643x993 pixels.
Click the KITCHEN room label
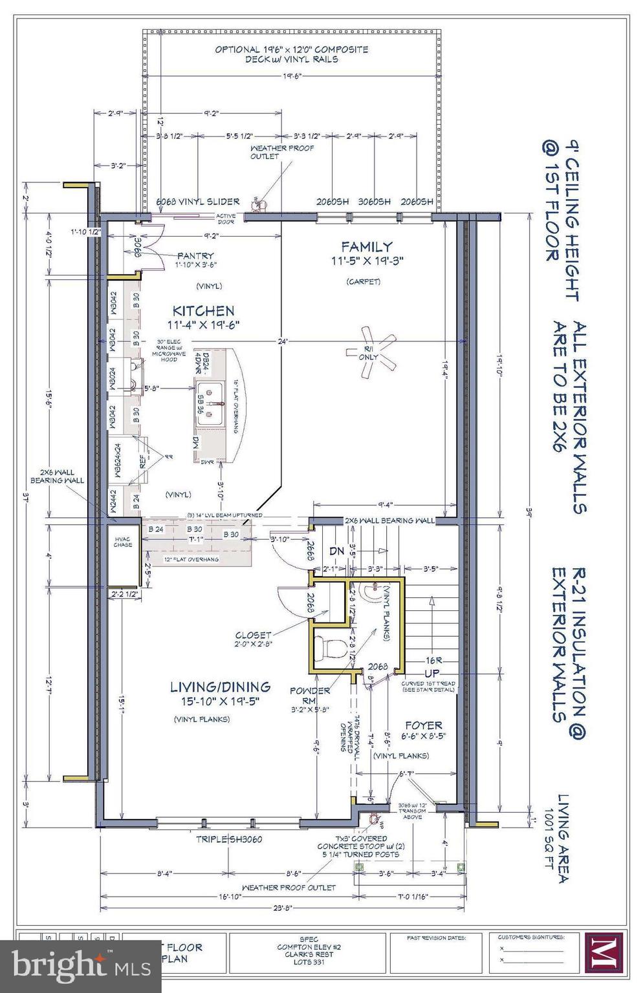coord(203,311)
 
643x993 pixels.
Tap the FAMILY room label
coord(366,246)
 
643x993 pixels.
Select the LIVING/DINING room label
coord(220,687)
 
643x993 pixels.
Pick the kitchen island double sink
coord(210,405)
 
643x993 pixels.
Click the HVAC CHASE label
coord(123,542)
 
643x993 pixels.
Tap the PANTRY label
coord(195,256)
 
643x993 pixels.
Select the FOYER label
coord(423,725)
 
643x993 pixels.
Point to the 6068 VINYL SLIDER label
coord(198,202)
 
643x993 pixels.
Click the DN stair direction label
coord(336,551)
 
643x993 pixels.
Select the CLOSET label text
coord(253,635)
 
